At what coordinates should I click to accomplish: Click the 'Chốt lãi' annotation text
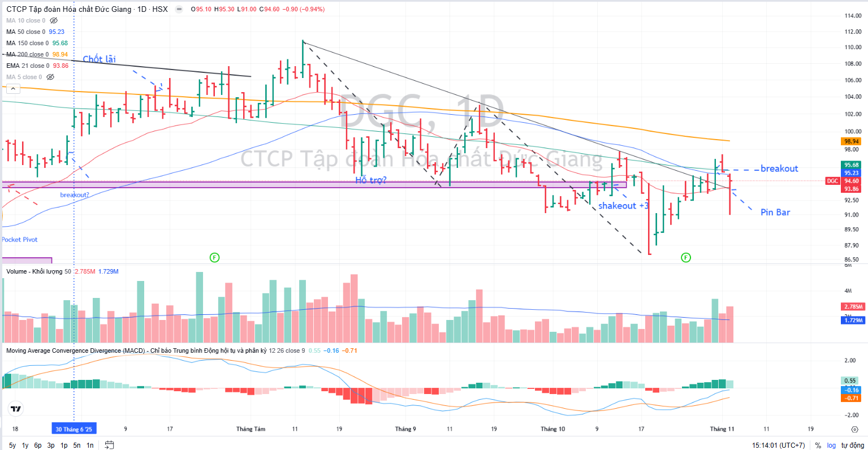tap(99, 59)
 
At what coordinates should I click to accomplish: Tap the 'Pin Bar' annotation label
tap(775, 212)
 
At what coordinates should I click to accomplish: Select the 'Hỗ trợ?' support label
tap(371, 180)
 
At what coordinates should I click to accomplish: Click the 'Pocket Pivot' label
tap(19, 240)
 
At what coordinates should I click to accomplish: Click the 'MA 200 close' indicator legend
tap(27, 54)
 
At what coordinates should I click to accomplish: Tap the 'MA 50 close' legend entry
tap(25, 32)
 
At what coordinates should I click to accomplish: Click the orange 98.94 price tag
tap(851, 141)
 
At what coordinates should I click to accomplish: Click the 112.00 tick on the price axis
tap(853, 32)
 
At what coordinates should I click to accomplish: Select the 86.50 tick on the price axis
tap(851, 259)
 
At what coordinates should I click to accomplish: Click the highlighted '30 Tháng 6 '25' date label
tap(74, 429)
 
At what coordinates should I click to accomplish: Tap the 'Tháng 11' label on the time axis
tap(722, 429)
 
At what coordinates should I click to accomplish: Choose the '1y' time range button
tap(25, 445)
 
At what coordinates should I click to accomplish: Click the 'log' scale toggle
tap(831, 445)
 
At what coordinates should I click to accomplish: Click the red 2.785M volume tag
tap(853, 306)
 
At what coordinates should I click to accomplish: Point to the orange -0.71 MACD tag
tap(852, 398)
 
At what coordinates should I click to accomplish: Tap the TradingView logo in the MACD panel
tap(16, 409)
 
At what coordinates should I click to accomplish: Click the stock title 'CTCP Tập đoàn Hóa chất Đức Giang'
tap(68, 9)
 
